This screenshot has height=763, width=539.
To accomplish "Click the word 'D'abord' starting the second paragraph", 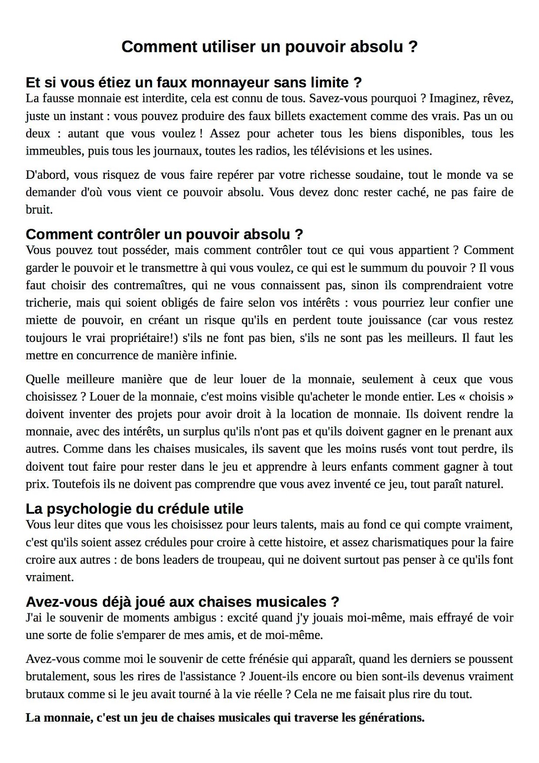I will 46,175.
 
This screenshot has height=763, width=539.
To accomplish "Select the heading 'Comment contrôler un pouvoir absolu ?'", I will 164,234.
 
